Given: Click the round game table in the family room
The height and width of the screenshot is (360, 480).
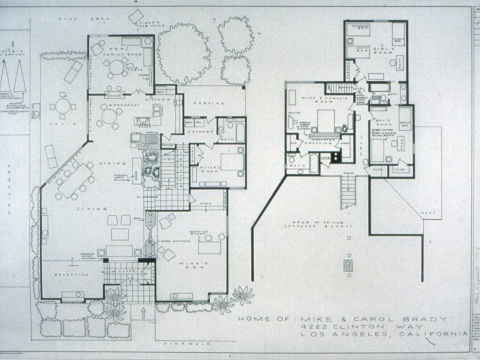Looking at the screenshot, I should tap(116, 68).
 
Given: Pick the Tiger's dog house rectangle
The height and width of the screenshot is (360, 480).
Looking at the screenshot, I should tap(136, 16).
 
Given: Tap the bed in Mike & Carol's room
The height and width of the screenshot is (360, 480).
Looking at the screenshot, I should tap(325, 121).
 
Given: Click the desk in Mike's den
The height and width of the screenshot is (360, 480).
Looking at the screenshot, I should tap(209, 247).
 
